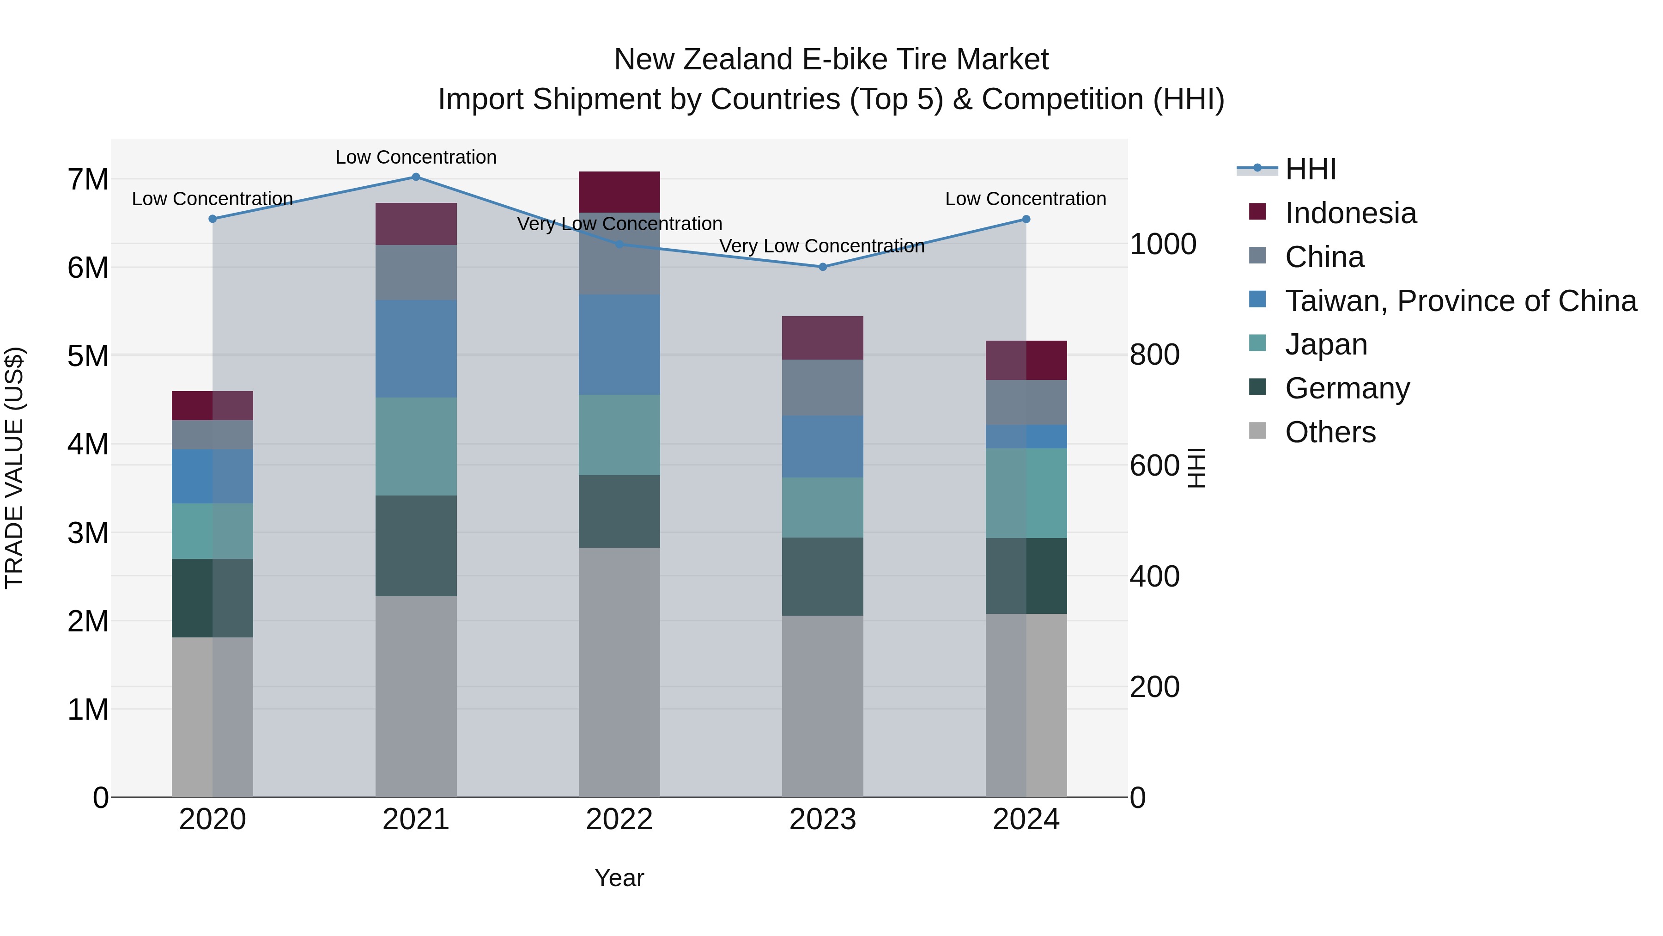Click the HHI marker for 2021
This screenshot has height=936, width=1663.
[x=416, y=177]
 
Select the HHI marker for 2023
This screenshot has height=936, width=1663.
[x=822, y=267]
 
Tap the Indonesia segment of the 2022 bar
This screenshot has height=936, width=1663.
[x=619, y=192]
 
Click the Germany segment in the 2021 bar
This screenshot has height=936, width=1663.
[x=416, y=545]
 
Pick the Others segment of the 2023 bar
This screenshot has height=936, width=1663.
[x=822, y=705]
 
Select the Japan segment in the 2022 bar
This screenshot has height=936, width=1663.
[x=619, y=435]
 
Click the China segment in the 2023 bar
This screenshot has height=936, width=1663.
[x=822, y=388]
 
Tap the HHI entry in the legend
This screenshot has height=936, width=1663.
[x=1310, y=169]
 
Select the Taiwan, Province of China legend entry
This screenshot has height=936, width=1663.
[x=1460, y=301]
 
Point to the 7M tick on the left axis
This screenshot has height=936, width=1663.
[x=88, y=180]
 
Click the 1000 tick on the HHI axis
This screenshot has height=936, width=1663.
[x=1162, y=244]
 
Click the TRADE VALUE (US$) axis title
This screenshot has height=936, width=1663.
[x=14, y=468]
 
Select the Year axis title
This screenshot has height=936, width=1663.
[x=619, y=878]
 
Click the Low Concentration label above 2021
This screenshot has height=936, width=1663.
[x=416, y=157]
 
